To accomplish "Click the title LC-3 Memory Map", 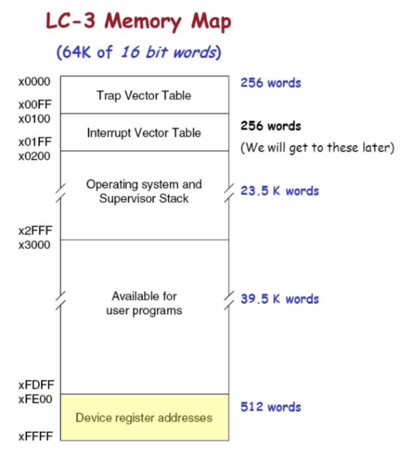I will (x=138, y=22).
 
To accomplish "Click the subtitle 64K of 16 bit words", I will (x=139, y=52).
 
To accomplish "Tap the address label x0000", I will (x=34, y=82).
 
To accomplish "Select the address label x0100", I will (x=34, y=119).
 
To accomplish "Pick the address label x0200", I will (x=34, y=156).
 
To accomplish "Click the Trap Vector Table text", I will (x=144, y=95).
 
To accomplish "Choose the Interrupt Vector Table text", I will (x=144, y=133).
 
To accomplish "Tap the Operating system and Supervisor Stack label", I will (x=144, y=191).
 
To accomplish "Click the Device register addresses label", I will (x=144, y=418).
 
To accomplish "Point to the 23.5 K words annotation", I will (x=280, y=191).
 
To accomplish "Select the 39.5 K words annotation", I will (x=280, y=299).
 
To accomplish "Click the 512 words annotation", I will (x=271, y=407).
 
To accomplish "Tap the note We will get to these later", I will (x=318, y=148).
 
